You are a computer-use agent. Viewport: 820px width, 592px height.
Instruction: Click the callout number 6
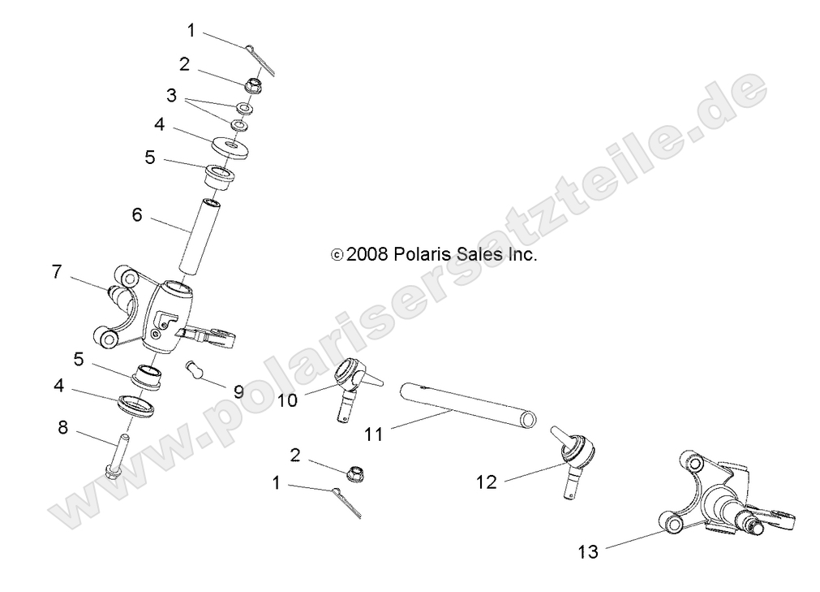tap(137, 215)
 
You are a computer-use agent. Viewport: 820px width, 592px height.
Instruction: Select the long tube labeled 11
tap(467, 404)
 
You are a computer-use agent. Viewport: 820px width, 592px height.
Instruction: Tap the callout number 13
tap(587, 552)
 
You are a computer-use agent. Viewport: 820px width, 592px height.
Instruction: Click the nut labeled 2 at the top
tap(250, 84)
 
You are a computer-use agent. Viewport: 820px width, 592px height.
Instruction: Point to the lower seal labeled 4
tap(136, 404)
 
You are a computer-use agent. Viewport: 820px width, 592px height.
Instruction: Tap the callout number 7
tap(57, 272)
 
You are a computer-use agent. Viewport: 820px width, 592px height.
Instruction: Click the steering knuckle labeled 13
tap(722, 503)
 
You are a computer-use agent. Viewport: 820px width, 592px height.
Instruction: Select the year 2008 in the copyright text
tap(369, 254)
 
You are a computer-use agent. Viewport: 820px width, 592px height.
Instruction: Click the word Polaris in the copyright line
tap(419, 254)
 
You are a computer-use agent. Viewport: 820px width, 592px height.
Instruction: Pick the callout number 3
tap(170, 95)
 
